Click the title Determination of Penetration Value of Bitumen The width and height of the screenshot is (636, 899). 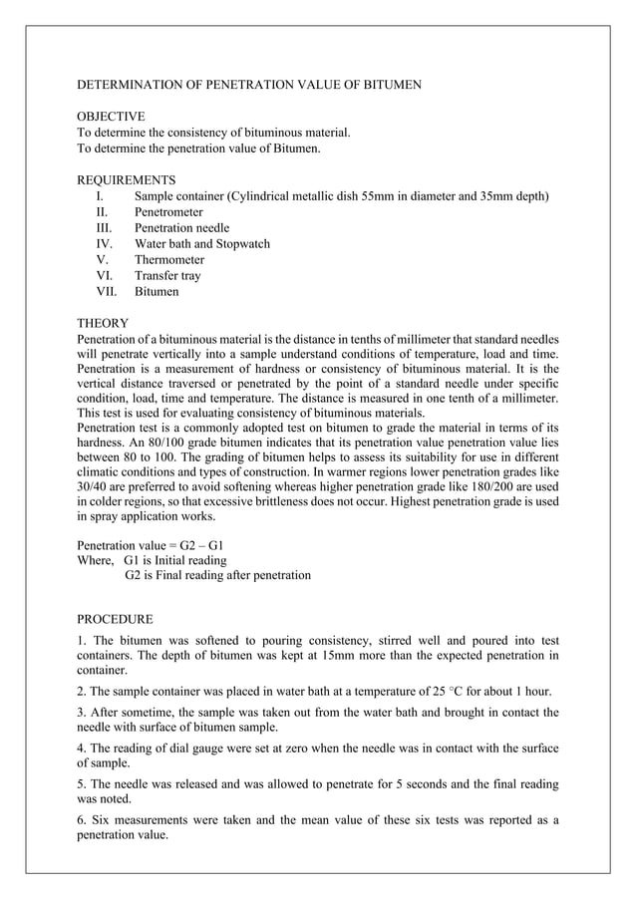click(249, 85)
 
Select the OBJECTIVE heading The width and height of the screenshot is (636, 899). click(111, 117)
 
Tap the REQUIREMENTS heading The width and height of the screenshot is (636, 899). click(127, 180)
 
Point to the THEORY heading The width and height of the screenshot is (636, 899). click(103, 324)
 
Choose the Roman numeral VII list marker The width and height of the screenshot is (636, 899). click(107, 292)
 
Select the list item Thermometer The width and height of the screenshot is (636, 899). click(169, 260)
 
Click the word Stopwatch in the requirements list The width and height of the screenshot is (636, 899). click(242, 244)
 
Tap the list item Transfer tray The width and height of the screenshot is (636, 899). click(167, 276)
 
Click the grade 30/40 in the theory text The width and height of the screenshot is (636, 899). click(93, 485)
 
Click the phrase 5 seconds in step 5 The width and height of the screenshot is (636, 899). click(431, 784)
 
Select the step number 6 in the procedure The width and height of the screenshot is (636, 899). click(81, 820)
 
